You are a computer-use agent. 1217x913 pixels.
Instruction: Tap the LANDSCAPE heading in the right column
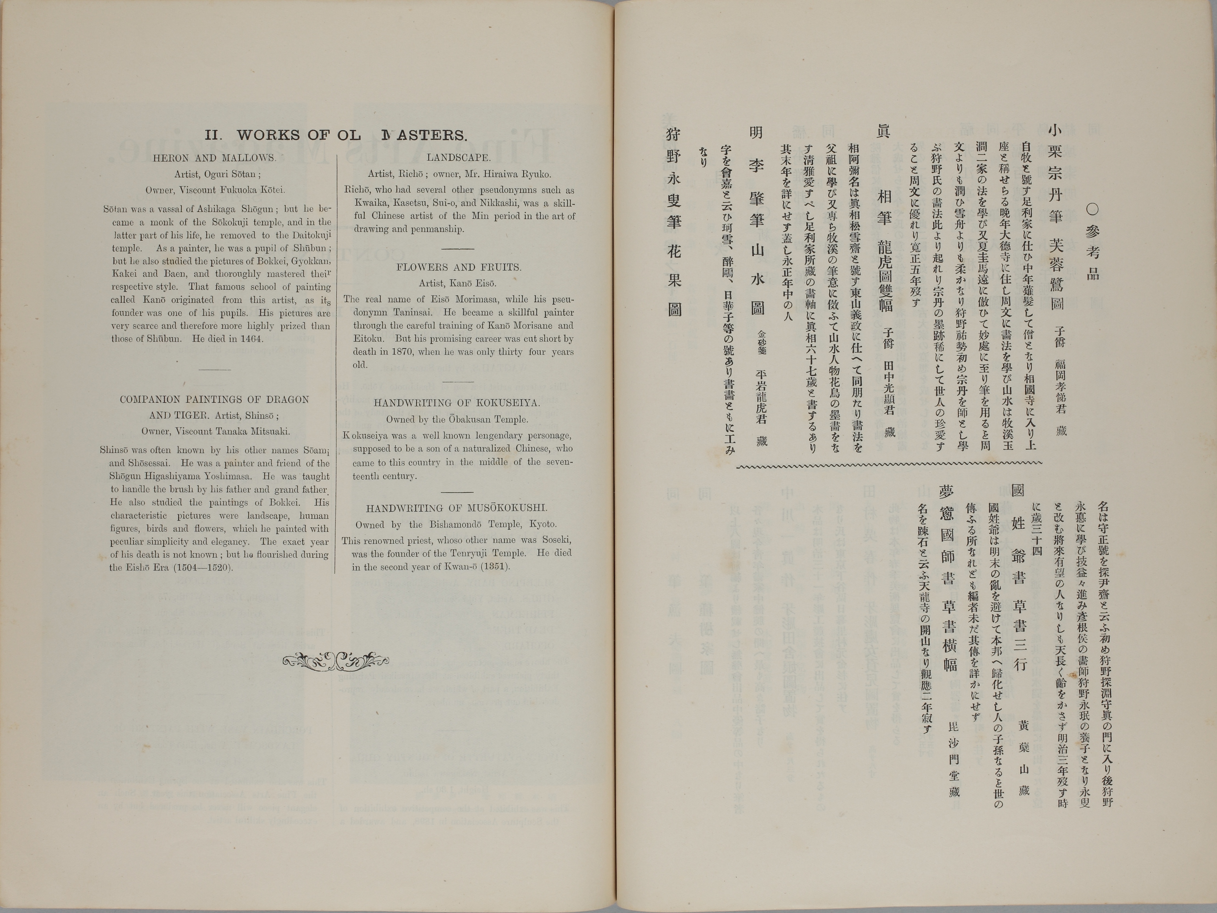tap(458, 157)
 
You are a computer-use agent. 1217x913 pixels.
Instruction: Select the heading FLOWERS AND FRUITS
tap(458, 267)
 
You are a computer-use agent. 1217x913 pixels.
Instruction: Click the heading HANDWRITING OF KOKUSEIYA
tap(457, 403)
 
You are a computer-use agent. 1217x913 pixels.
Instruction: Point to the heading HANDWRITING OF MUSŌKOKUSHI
tap(457, 509)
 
